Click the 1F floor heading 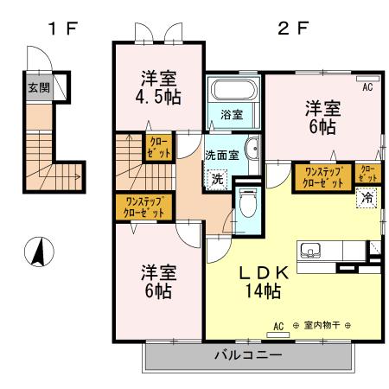click(63, 29)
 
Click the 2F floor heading click(293, 29)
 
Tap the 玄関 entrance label click(39, 87)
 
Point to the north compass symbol click(39, 252)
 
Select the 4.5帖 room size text click(158, 98)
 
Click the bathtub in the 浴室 click(233, 89)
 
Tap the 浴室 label click(232, 115)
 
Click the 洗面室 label click(222, 156)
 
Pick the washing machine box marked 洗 click(218, 180)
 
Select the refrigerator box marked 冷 click(367, 198)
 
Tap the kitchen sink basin click(310, 250)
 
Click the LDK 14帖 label click(264, 282)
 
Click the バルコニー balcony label click(248, 355)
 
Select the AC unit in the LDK click(278, 335)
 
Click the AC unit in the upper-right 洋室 click(368, 79)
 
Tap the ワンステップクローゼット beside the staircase click(143, 207)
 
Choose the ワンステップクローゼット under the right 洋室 click(323, 177)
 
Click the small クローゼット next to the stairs click(158, 147)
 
